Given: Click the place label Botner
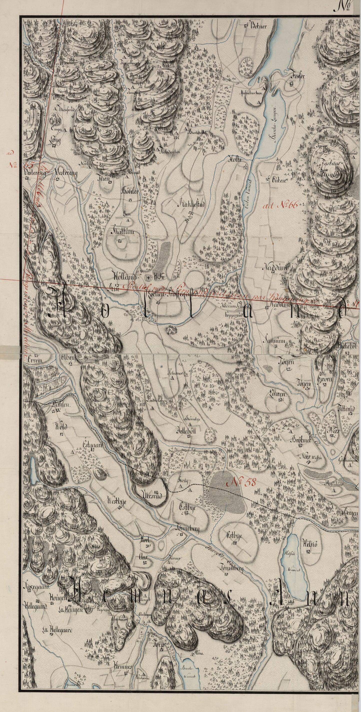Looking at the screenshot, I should point(259,26).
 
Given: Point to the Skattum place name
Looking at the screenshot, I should point(123,232).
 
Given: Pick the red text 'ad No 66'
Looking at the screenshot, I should point(280,205).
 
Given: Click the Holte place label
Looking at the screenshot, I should point(235,159).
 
